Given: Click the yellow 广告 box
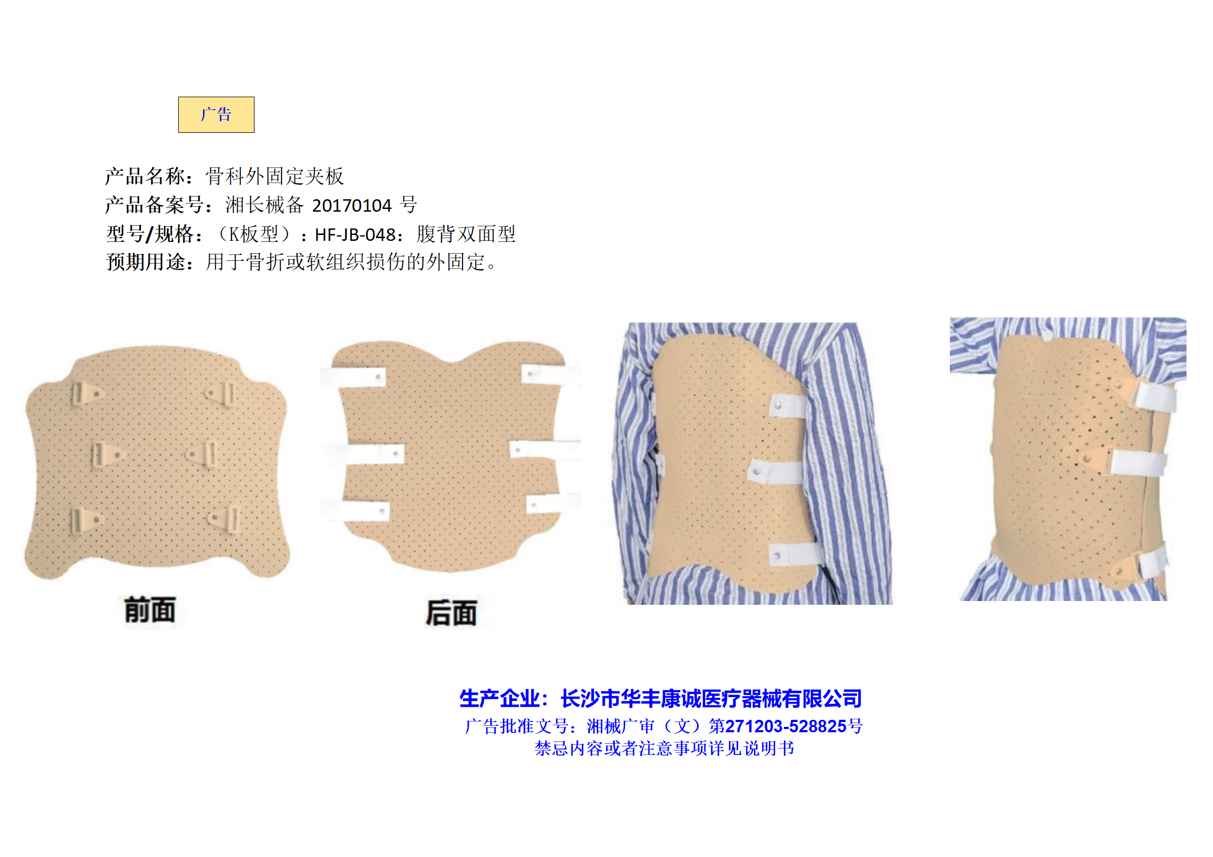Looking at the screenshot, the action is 216,114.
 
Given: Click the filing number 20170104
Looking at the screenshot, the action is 352,206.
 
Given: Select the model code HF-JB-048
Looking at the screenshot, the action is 356,235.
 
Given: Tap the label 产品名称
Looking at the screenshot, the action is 145,176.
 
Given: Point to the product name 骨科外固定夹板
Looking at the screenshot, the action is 275,176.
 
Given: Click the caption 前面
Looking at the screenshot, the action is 150,610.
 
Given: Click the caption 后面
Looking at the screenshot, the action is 451,613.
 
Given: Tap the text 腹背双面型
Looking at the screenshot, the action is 466,234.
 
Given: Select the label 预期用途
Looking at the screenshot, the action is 145,262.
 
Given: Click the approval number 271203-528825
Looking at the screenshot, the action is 786,726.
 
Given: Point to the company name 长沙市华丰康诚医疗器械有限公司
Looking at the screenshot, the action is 711,699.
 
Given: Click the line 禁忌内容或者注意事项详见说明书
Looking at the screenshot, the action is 664,748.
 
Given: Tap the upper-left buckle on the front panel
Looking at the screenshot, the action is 85,394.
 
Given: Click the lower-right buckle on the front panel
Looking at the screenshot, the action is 224,519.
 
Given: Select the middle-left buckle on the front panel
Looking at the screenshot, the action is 106,455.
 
